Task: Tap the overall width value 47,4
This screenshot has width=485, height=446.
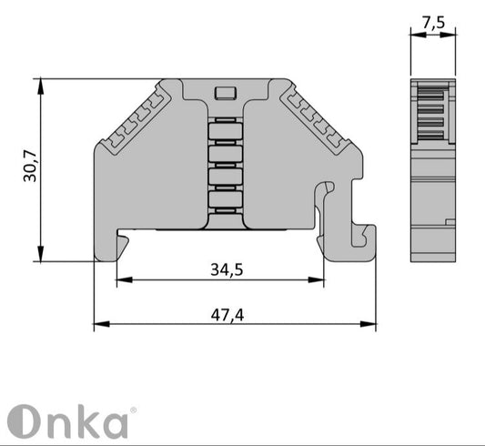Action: coord(233,315)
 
